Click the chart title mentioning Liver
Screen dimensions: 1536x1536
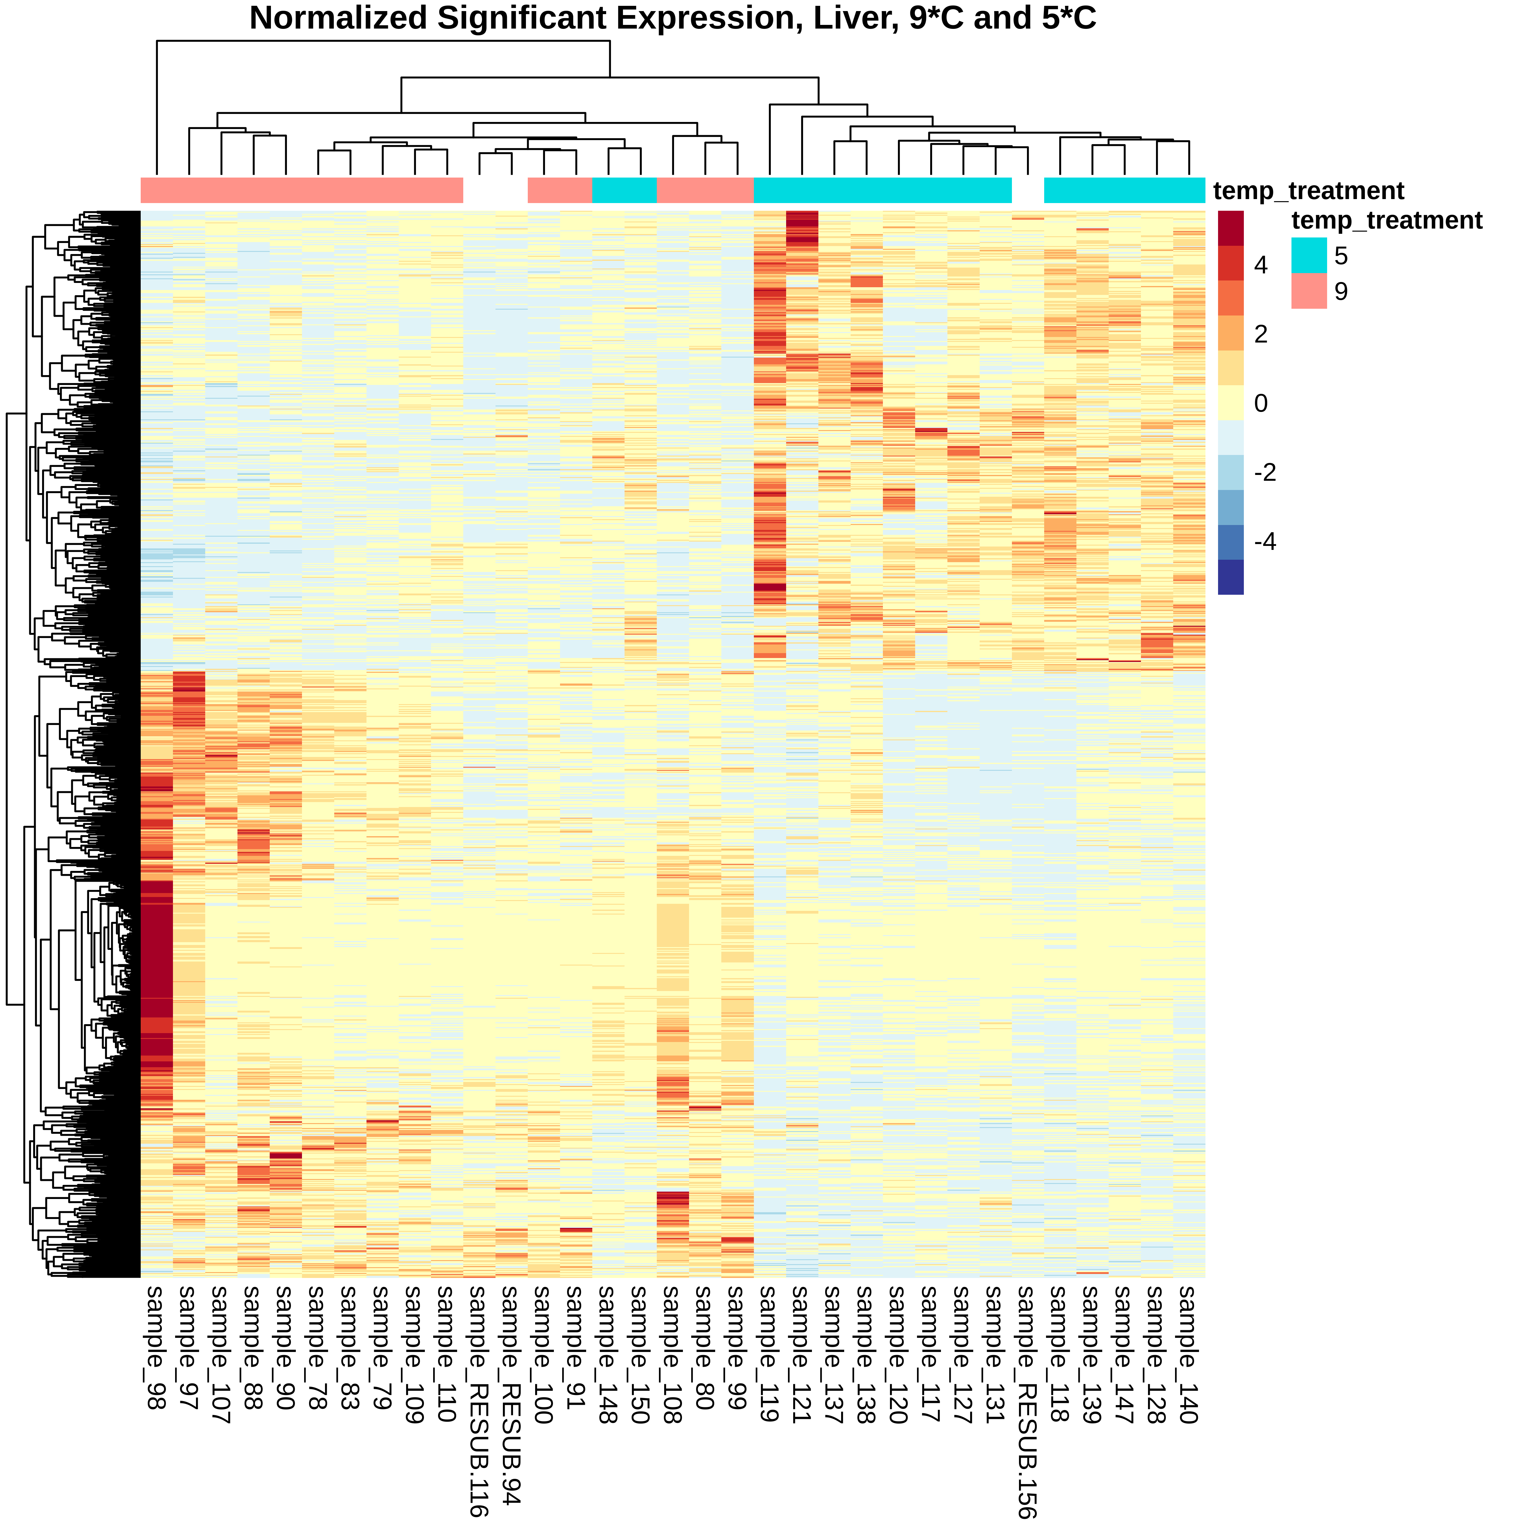coord(672,18)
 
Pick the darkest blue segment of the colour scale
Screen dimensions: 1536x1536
coord(1231,577)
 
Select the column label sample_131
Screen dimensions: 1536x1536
coord(995,1352)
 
